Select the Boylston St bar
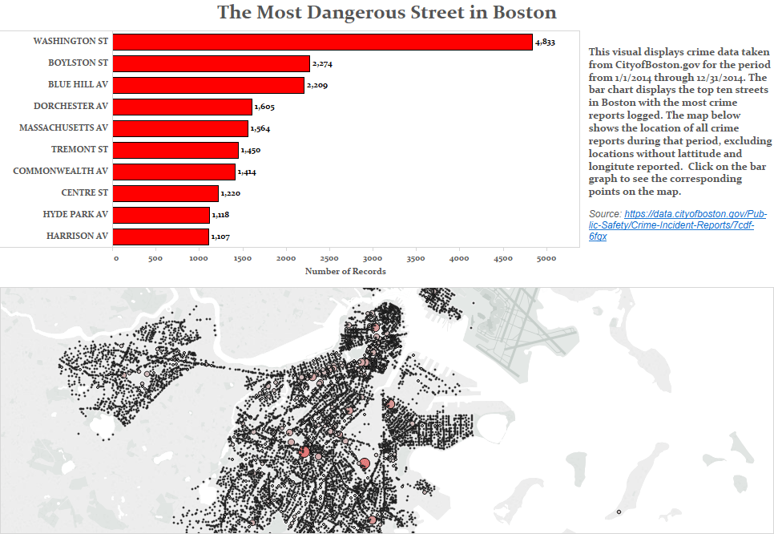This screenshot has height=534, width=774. [x=212, y=63]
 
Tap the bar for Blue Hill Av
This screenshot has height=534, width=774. [x=208, y=85]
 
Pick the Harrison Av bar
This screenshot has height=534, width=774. [x=161, y=237]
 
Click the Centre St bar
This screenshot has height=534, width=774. [x=166, y=193]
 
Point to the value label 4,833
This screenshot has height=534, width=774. [x=546, y=42]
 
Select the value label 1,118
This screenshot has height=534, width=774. [x=222, y=215]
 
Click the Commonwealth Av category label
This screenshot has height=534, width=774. [x=60, y=172]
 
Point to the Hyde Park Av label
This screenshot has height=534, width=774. [x=75, y=215]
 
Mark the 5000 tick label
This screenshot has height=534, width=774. [x=546, y=259]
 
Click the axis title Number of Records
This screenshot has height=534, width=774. [x=345, y=271]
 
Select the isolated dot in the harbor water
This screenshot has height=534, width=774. [x=619, y=512]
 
